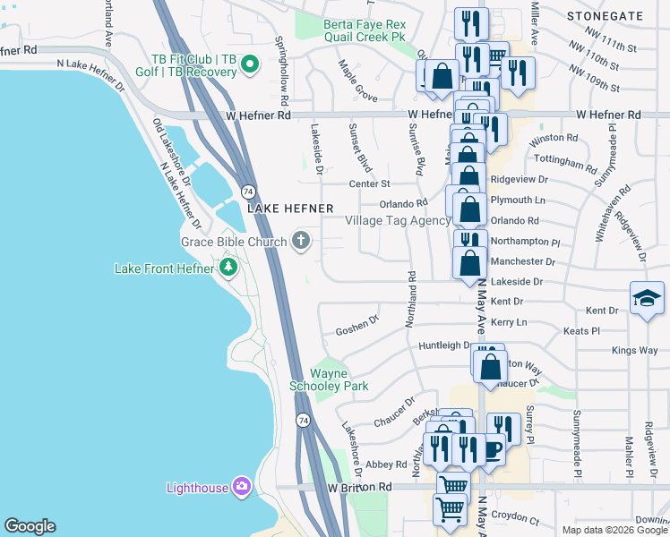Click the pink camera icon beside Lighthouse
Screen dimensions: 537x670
pos(241,487)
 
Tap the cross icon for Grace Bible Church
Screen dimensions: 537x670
pos(301,241)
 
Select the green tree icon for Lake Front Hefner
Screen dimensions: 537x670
pos(228,268)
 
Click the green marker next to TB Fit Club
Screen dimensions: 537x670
pos(251,64)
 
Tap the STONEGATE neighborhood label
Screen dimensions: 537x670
pos(606,16)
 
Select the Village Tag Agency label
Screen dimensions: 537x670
pos(398,221)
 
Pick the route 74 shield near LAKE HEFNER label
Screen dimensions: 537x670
pos(247,192)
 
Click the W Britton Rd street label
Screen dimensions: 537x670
pos(360,487)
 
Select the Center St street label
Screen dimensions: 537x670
pos(371,184)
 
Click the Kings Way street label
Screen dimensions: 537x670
pos(634,351)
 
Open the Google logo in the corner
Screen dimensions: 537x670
pos(30,526)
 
